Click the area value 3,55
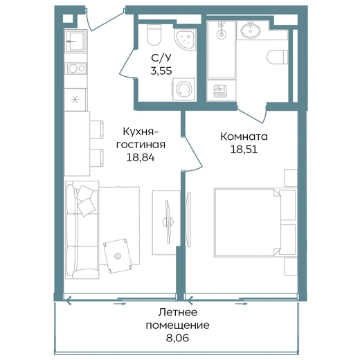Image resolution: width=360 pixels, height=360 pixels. (161, 71)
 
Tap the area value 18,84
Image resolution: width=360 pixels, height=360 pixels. (141, 158)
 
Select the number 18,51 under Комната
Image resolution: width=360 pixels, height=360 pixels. (244, 150)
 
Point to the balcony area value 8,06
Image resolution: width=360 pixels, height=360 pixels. (177, 339)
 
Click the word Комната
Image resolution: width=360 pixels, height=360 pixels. (244, 136)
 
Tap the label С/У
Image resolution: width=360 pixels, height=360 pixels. (161, 58)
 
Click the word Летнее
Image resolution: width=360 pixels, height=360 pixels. (178, 312)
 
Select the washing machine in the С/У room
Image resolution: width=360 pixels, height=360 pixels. (184, 89)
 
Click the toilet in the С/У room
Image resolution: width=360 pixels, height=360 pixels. (154, 35)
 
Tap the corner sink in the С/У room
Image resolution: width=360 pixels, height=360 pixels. (186, 39)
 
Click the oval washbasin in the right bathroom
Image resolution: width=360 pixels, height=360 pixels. (251, 30)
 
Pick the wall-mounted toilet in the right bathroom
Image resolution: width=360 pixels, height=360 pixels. (278, 57)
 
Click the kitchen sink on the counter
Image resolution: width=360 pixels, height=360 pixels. (75, 41)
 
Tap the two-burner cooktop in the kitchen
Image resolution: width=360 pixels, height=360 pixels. (77, 69)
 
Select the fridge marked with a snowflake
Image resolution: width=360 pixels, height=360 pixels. (75, 100)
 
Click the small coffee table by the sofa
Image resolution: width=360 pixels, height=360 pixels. (118, 256)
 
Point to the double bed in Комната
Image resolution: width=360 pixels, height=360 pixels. (255, 222)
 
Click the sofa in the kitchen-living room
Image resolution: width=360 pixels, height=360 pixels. (82, 230)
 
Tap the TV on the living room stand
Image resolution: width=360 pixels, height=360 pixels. (168, 222)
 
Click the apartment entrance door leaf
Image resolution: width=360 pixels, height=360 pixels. (107, 21)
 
